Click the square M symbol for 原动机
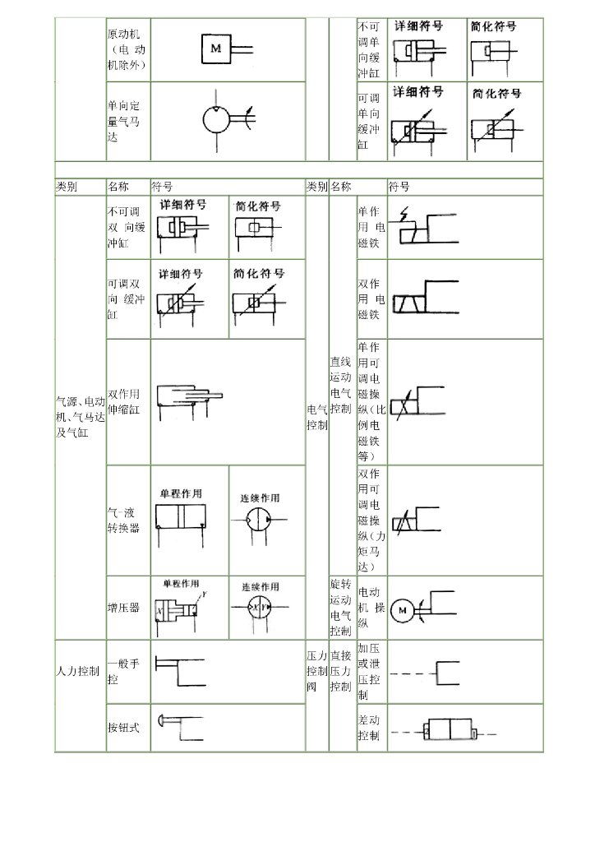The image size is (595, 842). [216, 49]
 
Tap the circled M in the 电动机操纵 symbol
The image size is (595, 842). [403, 610]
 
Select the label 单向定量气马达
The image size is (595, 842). [124, 121]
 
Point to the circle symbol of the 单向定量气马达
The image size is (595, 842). [219, 121]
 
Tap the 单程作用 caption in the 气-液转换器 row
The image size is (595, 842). [181, 493]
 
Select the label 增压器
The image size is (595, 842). [123, 608]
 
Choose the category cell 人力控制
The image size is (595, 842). [79, 671]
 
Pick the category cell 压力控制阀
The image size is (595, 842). [316, 671]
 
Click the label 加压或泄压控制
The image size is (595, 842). [371, 671]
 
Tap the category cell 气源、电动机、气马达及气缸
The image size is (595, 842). [80, 415]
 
